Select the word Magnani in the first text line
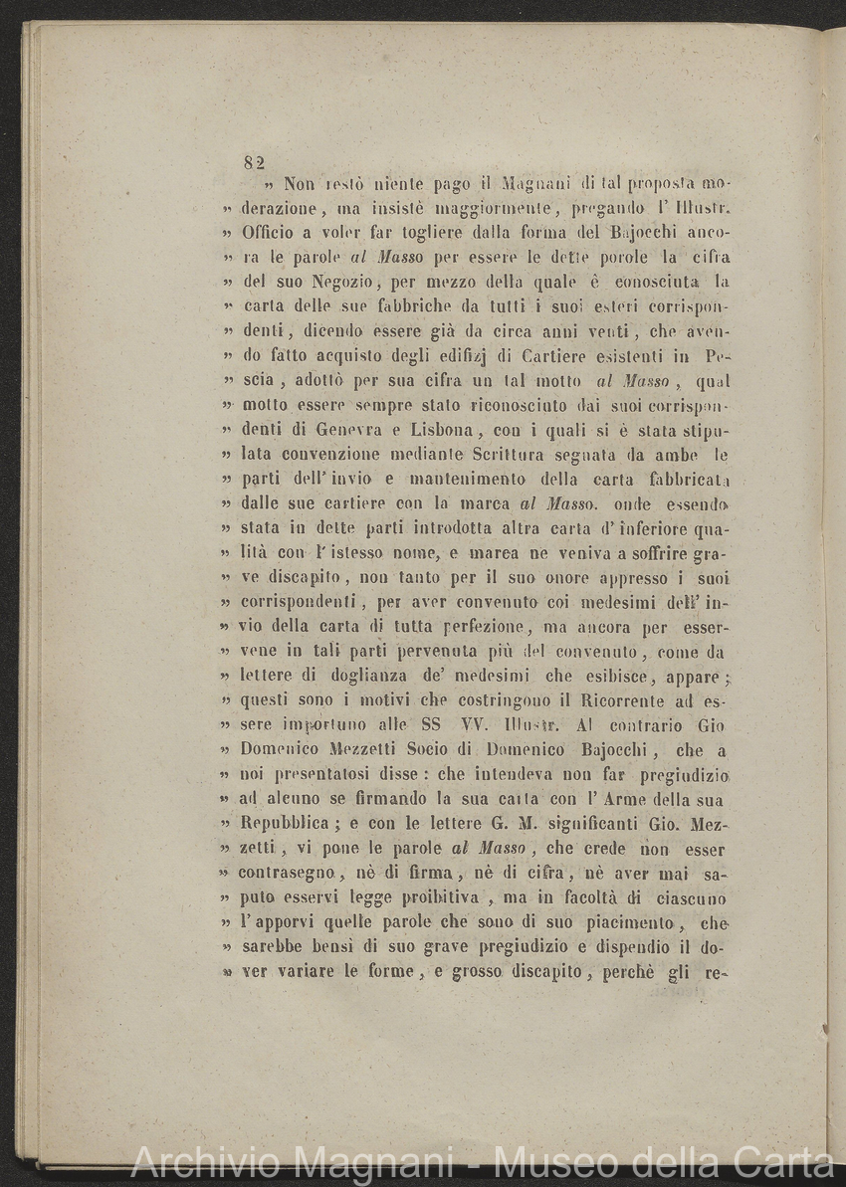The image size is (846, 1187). tap(537, 184)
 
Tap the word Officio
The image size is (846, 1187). tap(270, 235)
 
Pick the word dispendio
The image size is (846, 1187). tap(589, 946)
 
